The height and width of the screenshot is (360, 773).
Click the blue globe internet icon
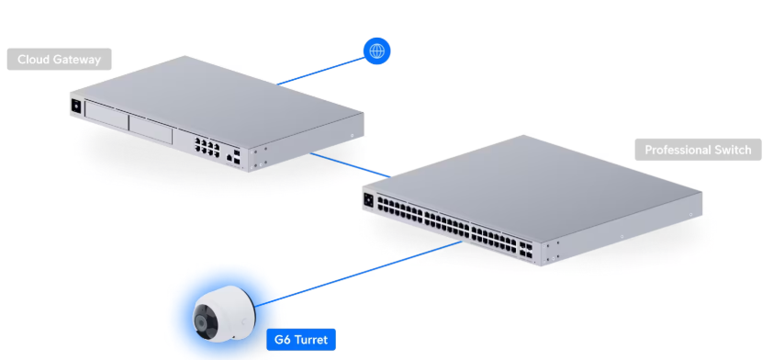pyautogui.click(x=376, y=51)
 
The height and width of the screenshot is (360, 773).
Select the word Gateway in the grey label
pyautogui.click(x=76, y=60)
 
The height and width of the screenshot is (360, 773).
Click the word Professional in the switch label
pyautogui.click(x=677, y=150)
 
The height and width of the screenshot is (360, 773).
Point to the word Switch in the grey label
pyautogui.click(x=732, y=150)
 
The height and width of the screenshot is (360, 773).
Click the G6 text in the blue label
pyautogui.click(x=283, y=341)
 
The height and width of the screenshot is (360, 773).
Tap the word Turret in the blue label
pyautogui.click(x=310, y=341)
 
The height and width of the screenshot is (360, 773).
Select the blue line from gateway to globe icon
pyautogui.click(x=320, y=71)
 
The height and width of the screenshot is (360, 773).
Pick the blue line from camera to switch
pyautogui.click(x=359, y=274)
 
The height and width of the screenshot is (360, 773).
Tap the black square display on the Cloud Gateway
pyautogui.click(x=76, y=106)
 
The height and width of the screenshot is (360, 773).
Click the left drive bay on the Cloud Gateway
pyautogui.click(x=106, y=118)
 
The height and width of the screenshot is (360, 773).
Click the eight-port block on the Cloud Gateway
pyautogui.click(x=207, y=148)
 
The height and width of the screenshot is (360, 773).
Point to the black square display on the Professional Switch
pyautogui.click(x=369, y=199)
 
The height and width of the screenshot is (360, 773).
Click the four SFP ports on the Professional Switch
pyautogui.click(x=524, y=250)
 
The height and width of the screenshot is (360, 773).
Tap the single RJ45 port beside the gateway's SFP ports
pyautogui.click(x=230, y=158)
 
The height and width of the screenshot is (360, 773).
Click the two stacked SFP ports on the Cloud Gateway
pyautogui.click(x=237, y=158)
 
